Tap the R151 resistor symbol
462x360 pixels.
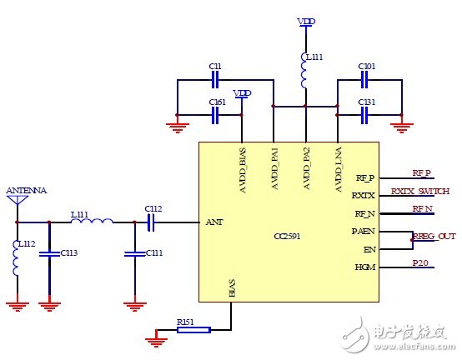(193, 330)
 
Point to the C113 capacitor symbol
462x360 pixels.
(49, 252)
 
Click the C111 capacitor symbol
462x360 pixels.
(132, 252)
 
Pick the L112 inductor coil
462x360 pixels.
(18, 257)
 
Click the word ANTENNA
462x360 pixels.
(27, 190)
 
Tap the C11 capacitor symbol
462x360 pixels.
(214, 80)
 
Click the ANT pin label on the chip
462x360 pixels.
(213, 222)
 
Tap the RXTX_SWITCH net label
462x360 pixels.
(419, 191)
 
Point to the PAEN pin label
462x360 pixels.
(363, 231)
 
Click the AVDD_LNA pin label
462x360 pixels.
(339, 172)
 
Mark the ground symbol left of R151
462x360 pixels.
(153, 338)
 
